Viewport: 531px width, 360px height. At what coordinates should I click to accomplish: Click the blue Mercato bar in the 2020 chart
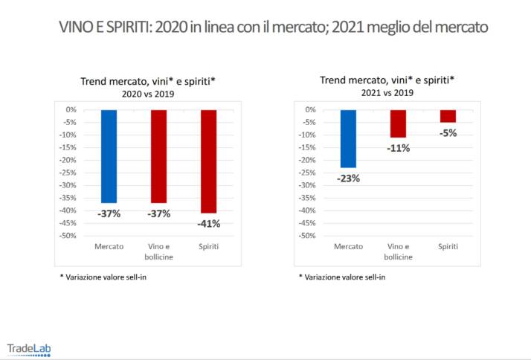(109, 156)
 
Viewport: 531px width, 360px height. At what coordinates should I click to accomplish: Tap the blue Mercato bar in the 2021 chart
(348, 138)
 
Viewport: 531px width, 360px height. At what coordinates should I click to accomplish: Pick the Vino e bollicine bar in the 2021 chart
(398, 123)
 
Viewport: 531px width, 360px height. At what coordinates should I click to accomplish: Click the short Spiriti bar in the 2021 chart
(448, 116)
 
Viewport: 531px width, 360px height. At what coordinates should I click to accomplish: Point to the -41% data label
(208, 224)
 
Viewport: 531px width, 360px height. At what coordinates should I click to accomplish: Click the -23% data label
(348, 179)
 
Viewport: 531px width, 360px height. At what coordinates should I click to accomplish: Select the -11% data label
(398, 148)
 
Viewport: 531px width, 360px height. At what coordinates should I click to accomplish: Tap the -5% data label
(448, 133)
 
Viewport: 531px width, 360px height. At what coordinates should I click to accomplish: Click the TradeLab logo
(29, 348)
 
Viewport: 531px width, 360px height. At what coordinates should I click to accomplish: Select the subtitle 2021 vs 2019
(386, 93)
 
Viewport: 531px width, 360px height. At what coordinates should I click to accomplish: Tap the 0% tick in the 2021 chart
(310, 109)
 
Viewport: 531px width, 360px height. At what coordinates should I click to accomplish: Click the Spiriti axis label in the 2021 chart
(448, 246)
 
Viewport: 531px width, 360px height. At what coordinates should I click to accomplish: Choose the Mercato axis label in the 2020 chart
(109, 246)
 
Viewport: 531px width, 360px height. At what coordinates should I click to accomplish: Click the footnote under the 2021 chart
(342, 277)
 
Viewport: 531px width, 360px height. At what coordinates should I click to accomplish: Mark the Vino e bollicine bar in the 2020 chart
(158, 156)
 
